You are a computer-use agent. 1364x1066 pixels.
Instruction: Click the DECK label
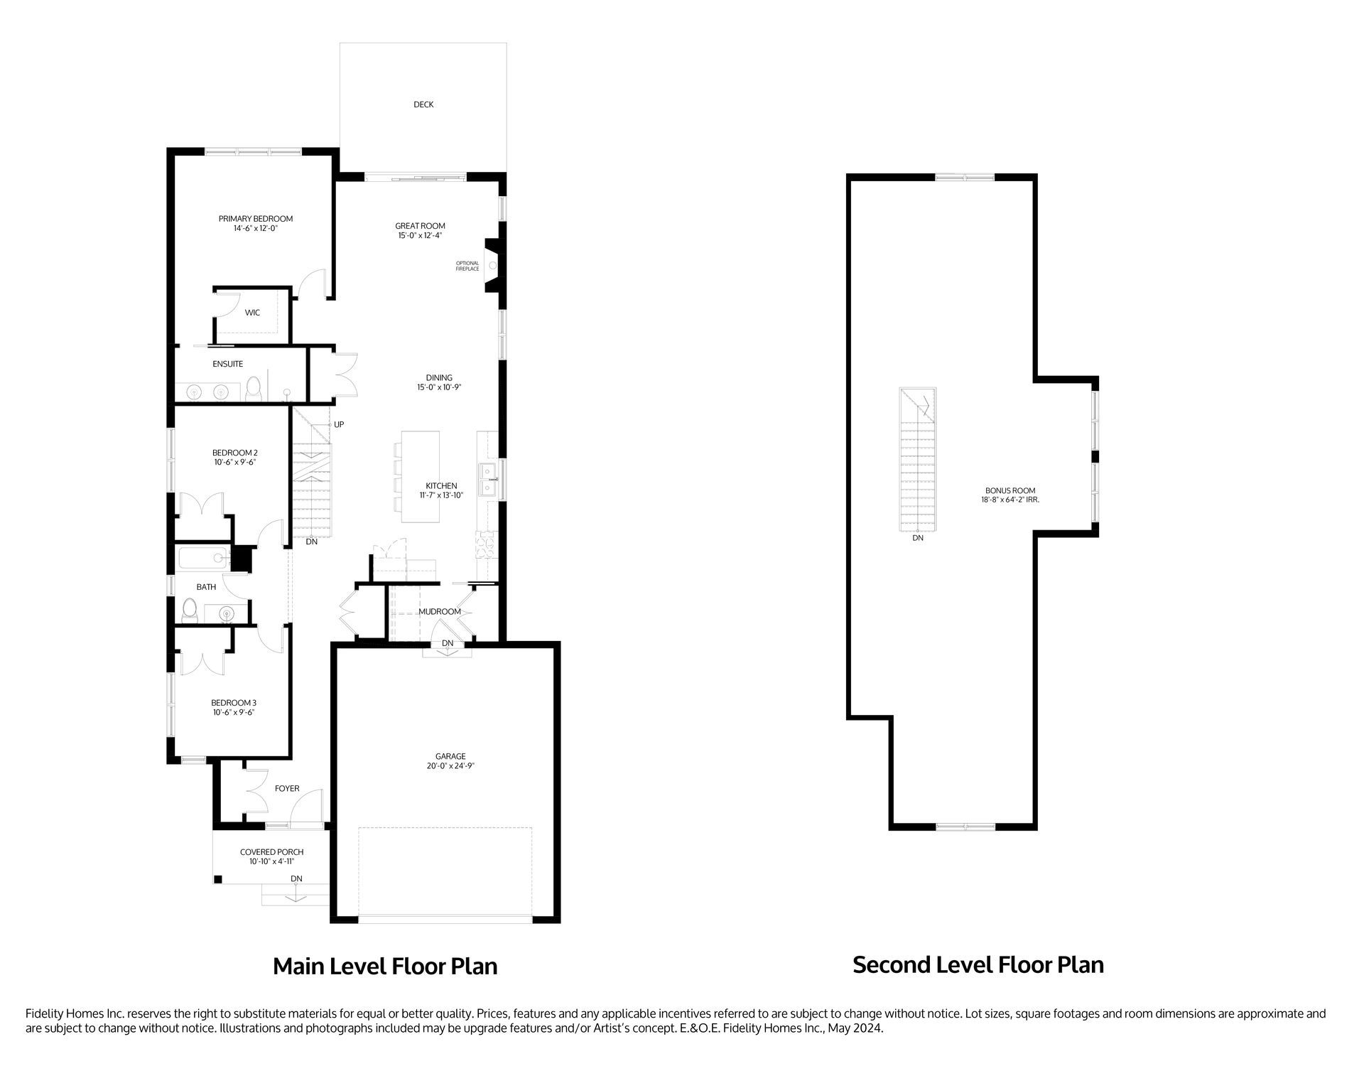[x=423, y=104]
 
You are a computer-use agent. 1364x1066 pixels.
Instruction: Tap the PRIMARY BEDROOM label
[x=256, y=219]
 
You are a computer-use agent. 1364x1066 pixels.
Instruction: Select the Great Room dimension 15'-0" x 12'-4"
[x=421, y=235]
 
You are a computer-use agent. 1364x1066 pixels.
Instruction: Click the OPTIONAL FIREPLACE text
[x=467, y=266]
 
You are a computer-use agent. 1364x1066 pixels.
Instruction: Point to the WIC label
[x=252, y=313]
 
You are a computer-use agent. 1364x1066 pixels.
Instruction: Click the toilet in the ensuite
[x=254, y=389]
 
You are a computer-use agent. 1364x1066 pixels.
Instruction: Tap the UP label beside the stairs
[x=339, y=424]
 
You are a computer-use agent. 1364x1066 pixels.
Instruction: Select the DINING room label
[x=439, y=378]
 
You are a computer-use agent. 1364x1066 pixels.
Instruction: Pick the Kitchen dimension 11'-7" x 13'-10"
[x=441, y=495]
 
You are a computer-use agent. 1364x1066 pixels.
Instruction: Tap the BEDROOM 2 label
[x=234, y=453]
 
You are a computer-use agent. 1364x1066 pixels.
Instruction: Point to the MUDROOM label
[x=440, y=611]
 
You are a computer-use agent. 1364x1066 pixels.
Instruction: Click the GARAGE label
[x=450, y=756]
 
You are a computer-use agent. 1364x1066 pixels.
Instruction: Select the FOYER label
[x=287, y=788]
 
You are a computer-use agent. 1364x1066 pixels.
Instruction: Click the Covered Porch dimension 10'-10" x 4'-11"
[x=271, y=861]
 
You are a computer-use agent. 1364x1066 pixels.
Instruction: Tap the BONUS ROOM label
[x=1010, y=490]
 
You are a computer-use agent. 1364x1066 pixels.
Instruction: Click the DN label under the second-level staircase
[x=918, y=538]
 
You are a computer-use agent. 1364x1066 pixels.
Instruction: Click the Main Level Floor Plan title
[x=385, y=967]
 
